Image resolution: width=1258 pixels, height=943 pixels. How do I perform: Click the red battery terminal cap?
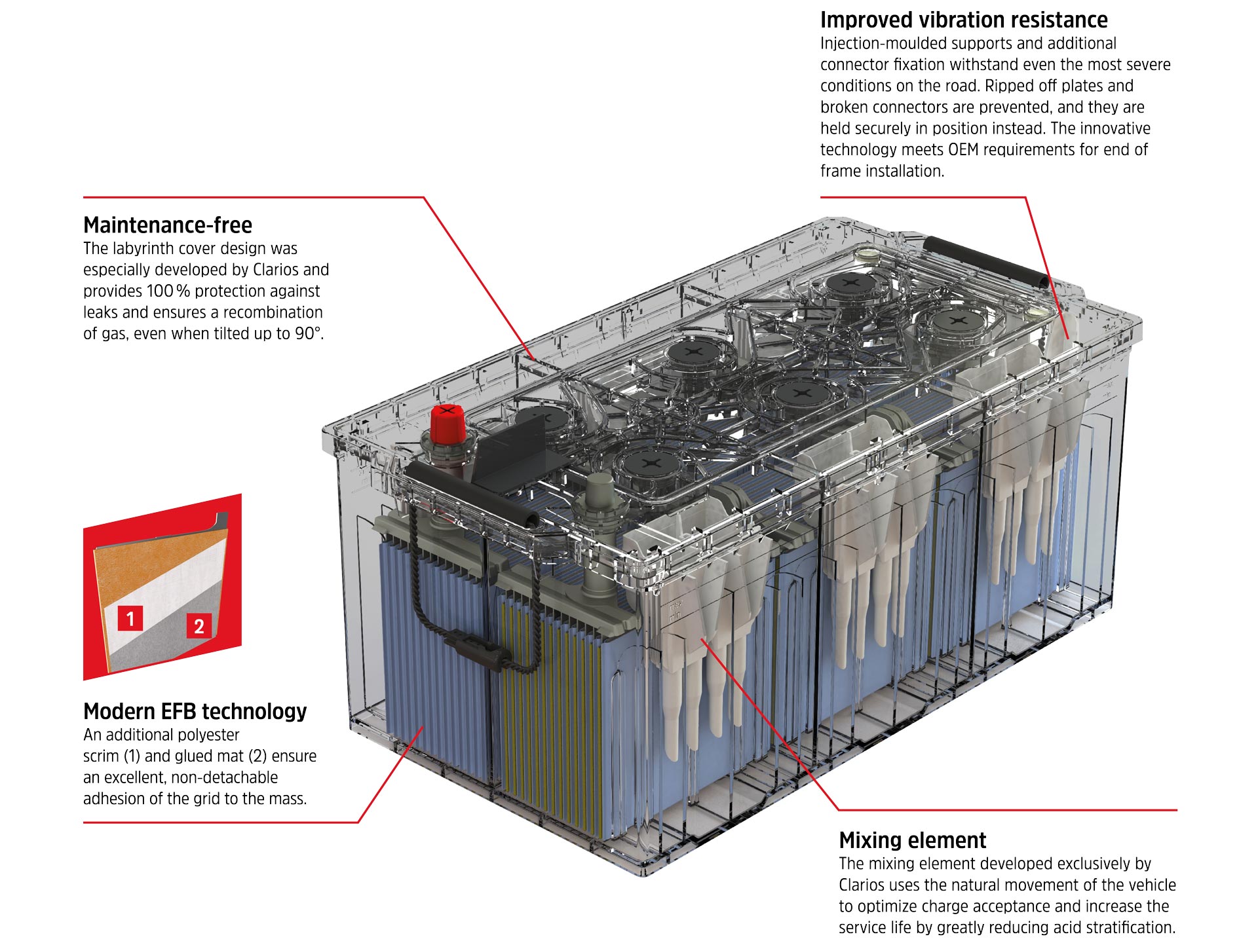tap(448, 423)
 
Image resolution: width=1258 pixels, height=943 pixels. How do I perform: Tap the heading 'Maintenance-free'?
tap(168, 225)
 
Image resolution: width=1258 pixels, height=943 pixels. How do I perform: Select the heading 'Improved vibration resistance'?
tap(964, 20)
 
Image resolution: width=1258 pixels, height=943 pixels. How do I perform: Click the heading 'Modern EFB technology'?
tap(195, 711)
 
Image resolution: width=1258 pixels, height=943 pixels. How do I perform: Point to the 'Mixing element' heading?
tap(913, 840)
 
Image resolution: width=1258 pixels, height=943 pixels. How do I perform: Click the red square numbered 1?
tap(130, 618)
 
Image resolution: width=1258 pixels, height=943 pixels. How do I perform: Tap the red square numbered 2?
tap(199, 626)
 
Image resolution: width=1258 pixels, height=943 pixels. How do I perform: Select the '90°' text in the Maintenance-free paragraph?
tap(309, 333)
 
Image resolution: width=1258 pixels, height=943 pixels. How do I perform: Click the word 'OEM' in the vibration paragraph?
tap(964, 150)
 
